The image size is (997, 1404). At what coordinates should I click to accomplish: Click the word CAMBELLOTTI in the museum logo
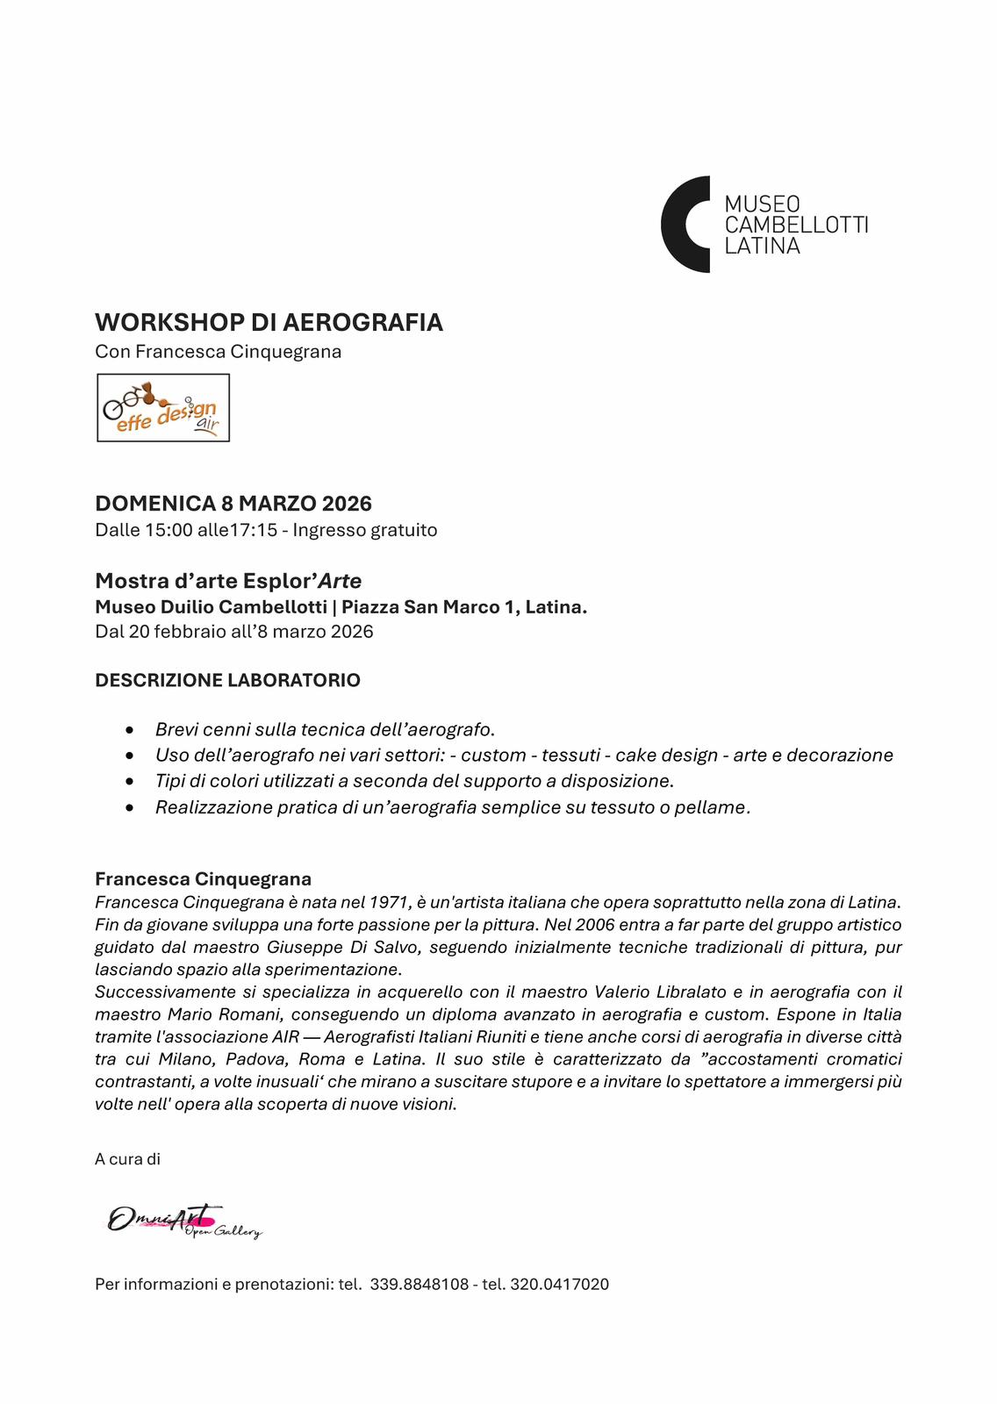pyautogui.click(x=796, y=225)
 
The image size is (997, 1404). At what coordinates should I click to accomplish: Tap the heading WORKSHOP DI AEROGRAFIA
pyautogui.click(x=269, y=323)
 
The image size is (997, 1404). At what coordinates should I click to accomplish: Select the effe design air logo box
pyautogui.click(x=163, y=408)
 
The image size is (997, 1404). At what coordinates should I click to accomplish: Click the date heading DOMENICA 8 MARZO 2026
pyautogui.click(x=233, y=504)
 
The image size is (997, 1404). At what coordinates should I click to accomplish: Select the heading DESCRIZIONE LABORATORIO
pyautogui.click(x=227, y=680)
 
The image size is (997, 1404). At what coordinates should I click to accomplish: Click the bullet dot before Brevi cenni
pyautogui.click(x=131, y=730)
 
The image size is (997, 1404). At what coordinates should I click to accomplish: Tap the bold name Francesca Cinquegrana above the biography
pyautogui.click(x=203, y=879)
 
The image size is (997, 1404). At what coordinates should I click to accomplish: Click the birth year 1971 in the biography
pyautogui.click(x=390, y=902)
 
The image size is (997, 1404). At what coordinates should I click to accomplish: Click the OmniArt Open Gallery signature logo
pyautogui.click(x=184, y=1221)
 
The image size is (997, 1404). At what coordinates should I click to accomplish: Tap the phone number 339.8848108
pyautogui.click(x=420, y=1285)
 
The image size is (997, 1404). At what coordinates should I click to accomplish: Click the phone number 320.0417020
pyautogui.click(x=559, y=1285)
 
